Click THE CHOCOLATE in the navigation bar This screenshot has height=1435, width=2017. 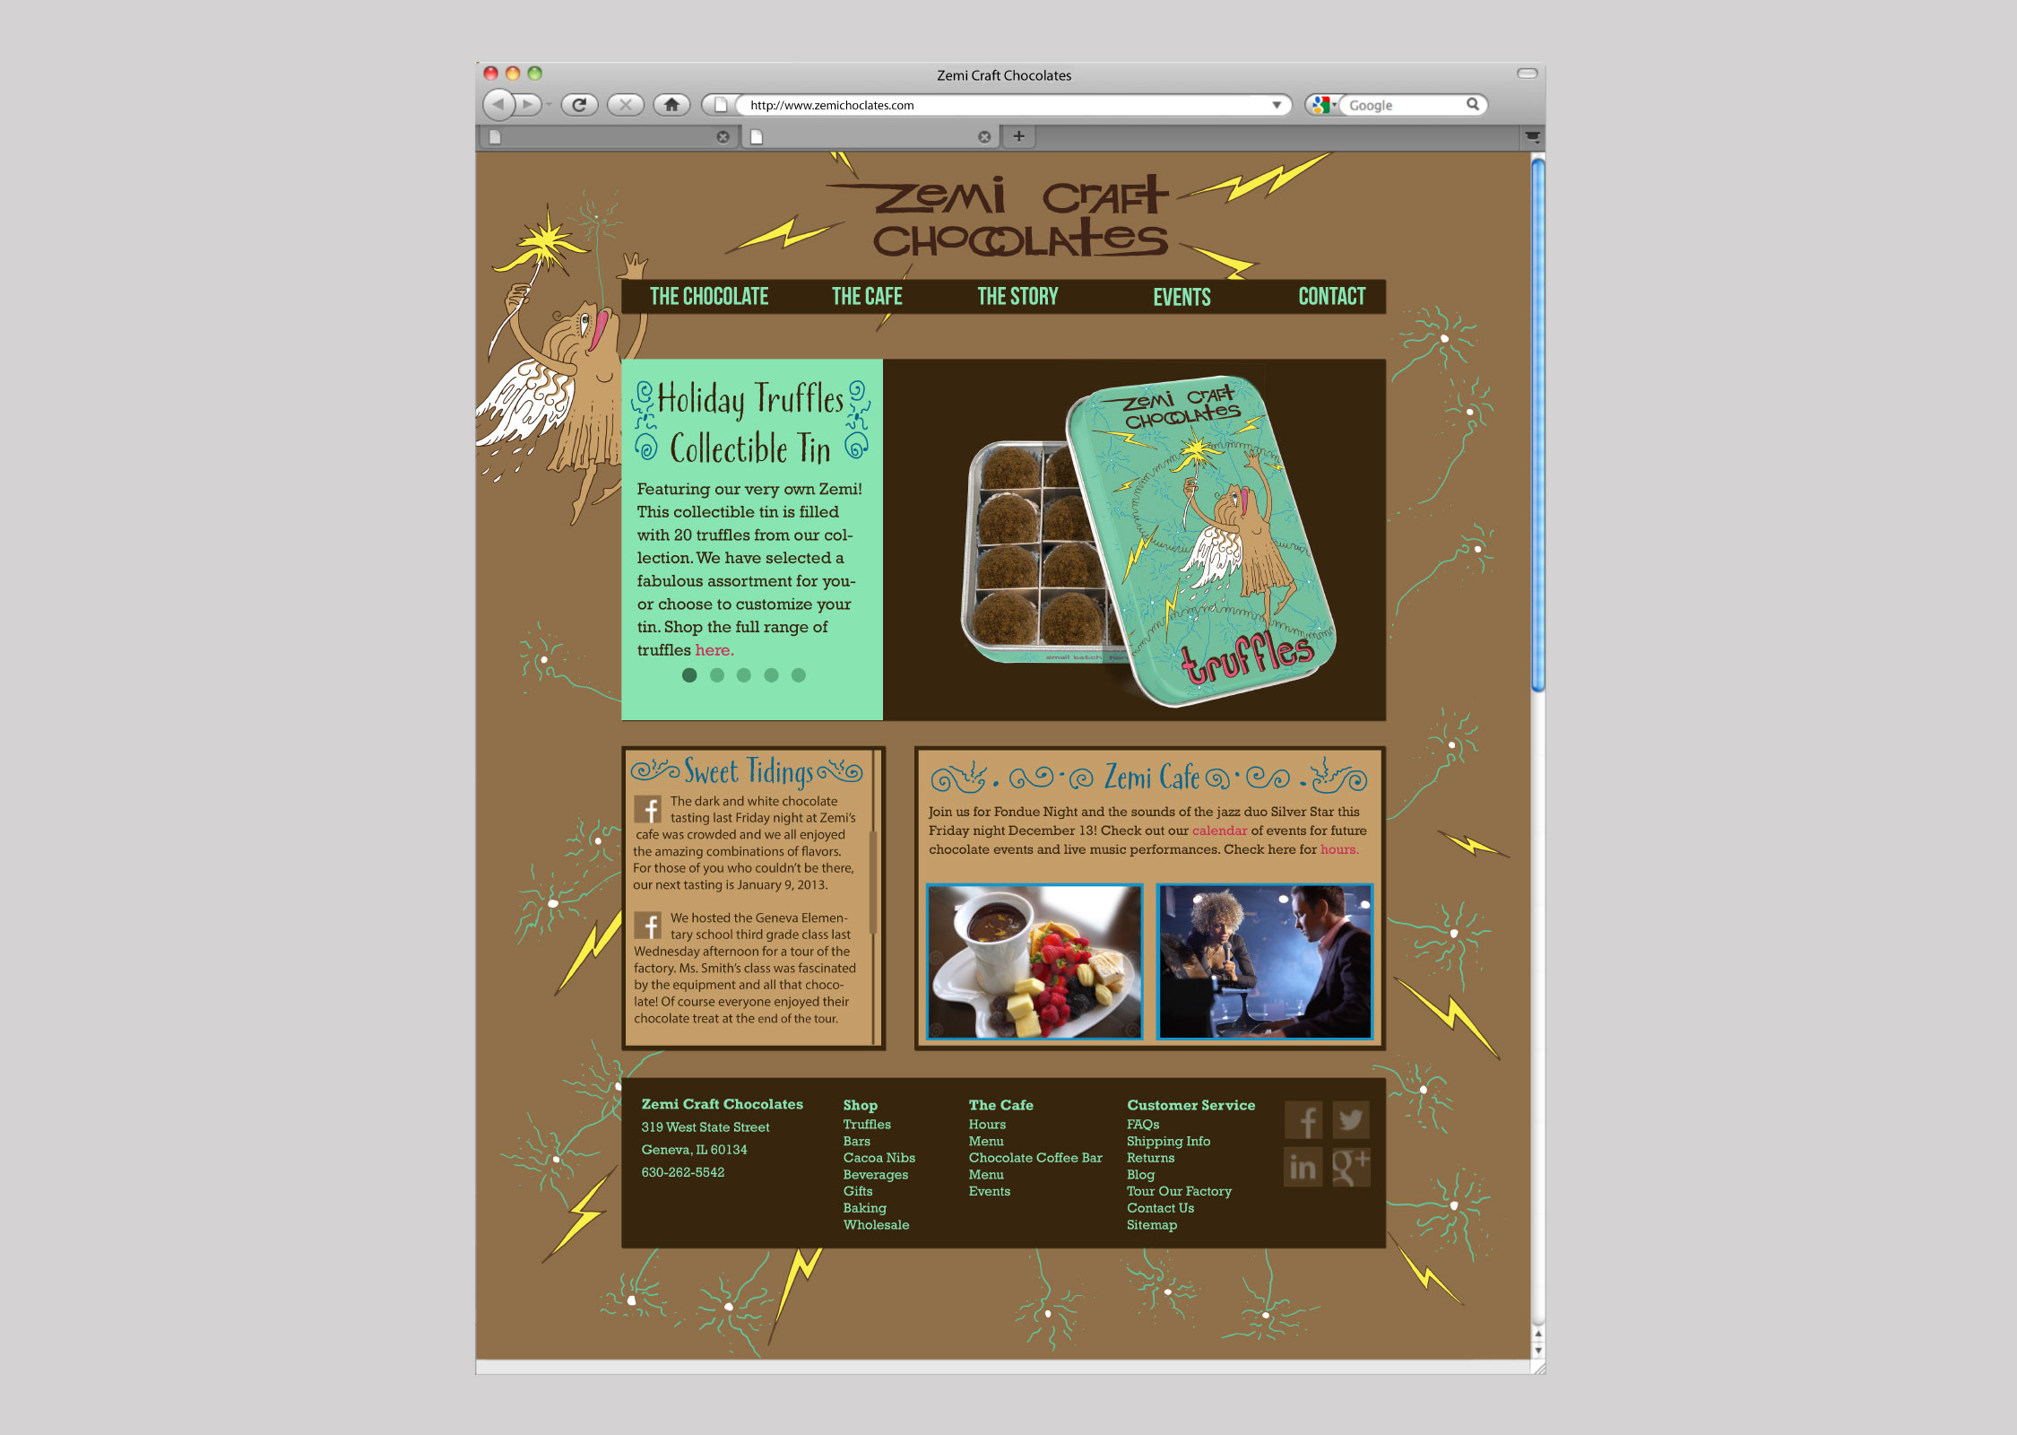709,297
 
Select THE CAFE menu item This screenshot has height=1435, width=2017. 867,297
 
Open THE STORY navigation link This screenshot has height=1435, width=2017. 1017,297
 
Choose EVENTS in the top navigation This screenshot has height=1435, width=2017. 1182,298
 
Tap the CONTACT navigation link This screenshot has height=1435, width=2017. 1332,297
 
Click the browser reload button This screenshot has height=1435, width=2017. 579,105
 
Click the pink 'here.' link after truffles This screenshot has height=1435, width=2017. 714,650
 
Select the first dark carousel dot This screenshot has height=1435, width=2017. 689,675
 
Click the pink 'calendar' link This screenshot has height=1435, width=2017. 1219,831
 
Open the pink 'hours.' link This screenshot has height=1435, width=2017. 1339,849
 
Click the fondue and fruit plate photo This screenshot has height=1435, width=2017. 1034,961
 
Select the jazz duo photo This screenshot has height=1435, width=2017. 1265,961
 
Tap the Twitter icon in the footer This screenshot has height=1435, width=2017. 1351,1119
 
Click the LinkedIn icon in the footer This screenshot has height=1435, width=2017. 1303,1167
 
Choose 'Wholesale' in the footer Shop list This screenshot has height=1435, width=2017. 876,1225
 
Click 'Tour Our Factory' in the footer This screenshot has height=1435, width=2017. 1179,1191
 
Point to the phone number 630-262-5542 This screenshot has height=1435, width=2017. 683,1172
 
